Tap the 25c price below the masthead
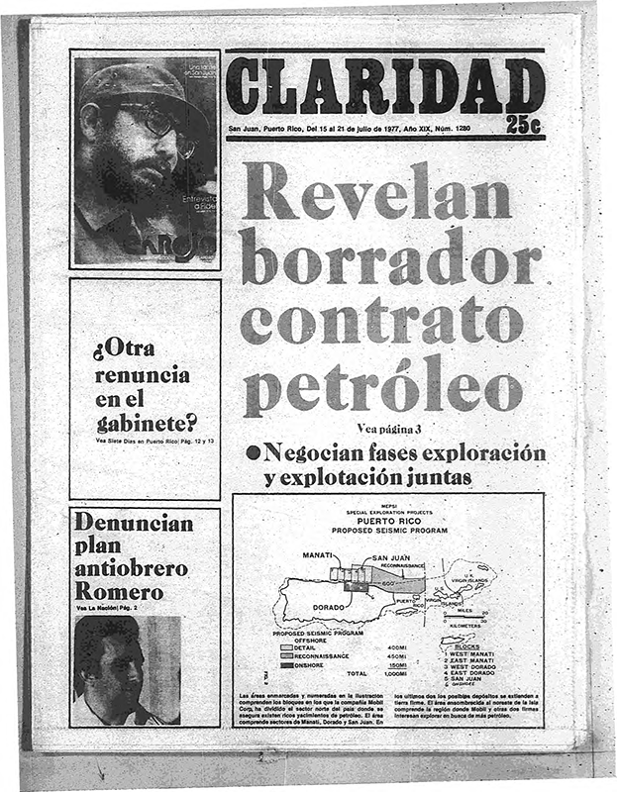click(x=522, y=126)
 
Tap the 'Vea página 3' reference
click(x=389, y=428)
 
